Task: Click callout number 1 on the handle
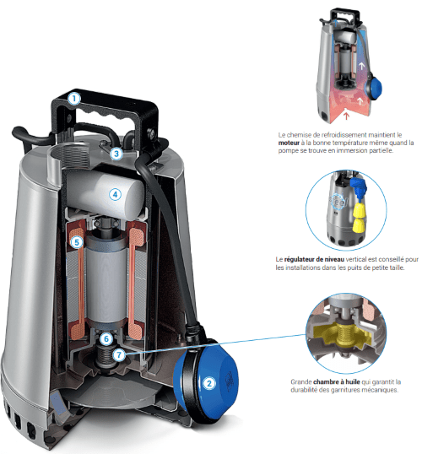74,99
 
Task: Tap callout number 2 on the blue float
209,383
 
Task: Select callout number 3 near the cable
116,154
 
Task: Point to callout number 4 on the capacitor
115,194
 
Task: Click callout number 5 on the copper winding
77,242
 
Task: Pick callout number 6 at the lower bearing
106,338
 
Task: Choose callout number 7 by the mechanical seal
119,354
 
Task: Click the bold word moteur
289,143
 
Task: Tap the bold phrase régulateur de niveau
314,259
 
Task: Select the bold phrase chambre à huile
337,381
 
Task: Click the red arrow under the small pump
346,116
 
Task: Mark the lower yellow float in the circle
359,225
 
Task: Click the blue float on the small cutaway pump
374,86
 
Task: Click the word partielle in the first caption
382,150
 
